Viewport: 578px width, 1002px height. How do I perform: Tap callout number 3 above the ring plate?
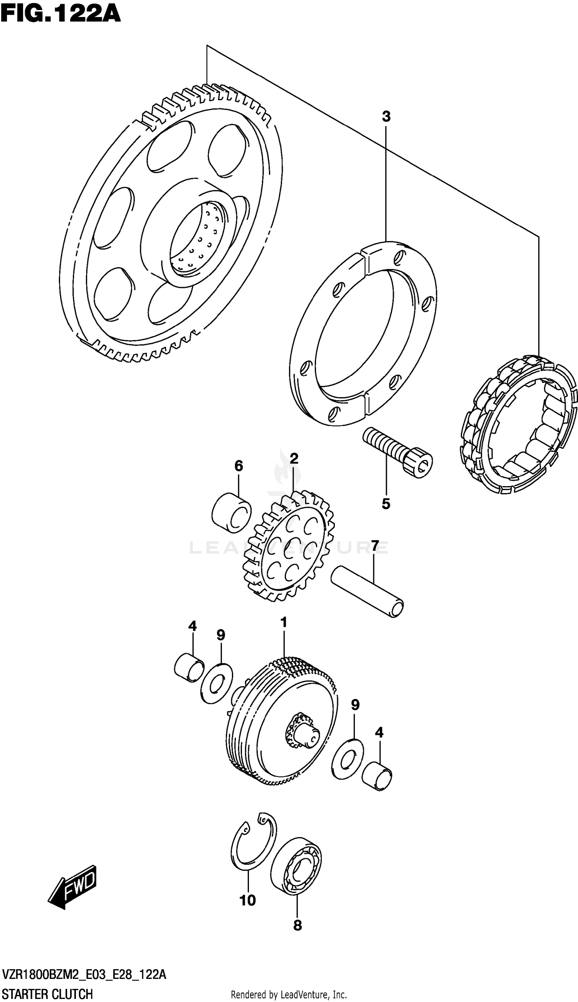coord(386,117)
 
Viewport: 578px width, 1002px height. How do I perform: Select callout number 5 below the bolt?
coord(386,504)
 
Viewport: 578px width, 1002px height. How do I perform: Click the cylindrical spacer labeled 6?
coord(232,512)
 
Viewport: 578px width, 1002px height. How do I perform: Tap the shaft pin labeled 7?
coord(367,592)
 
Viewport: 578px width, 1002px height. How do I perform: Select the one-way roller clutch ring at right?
coord(518,425)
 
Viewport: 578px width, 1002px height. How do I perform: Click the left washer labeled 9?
coord(217,684)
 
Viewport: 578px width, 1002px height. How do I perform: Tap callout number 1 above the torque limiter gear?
coord(284,623)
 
